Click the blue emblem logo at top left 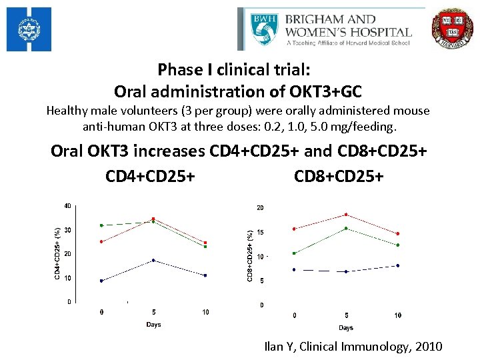tap(29, 30)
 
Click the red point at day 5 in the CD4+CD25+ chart tap(153, 219)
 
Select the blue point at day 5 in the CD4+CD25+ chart tap(153, 260)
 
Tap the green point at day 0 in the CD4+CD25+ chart tap(101, 225)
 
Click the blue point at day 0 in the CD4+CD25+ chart tap(101, 281)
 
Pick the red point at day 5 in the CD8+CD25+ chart tap(346, 215)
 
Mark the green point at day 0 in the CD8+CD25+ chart tap(294, 253)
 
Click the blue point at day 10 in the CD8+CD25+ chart tap(398, 265)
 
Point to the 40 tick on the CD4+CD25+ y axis tap(67, 206)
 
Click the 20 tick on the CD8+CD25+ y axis tap(261, 208)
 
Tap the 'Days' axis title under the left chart tap(153, 325)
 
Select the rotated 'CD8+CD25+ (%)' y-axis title tap(250, 255)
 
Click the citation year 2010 tap(427, 347)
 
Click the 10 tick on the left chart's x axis tap(205, 312)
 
